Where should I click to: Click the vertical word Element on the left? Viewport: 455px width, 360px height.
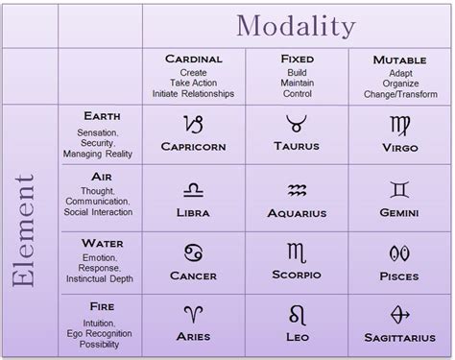coord(26,230)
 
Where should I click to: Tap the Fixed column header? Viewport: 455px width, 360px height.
coord(297,59)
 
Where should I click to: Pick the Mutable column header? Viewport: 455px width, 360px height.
coord(398,60)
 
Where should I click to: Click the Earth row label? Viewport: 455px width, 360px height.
coord(103,117)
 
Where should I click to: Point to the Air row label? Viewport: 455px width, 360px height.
coord(103,177)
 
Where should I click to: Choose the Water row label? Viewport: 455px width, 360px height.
coord(103,243)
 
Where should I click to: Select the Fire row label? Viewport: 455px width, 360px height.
coord(103,306)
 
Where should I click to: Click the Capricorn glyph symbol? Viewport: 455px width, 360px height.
coord(194,125)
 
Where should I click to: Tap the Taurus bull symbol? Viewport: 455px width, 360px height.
coord(297,124)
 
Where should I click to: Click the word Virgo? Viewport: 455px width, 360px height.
coord(398,149)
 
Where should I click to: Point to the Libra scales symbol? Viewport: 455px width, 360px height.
coord(194,189)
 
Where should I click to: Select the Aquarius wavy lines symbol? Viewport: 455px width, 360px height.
coord(297,189)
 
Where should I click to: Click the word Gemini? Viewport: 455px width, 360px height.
coord(398,212)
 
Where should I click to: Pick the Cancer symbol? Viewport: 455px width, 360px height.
coord(194,253)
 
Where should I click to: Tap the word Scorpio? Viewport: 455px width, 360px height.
coord(297,276)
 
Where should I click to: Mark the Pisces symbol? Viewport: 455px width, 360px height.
coord(398,253)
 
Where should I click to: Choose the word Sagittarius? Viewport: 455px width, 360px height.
coord(398,338)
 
